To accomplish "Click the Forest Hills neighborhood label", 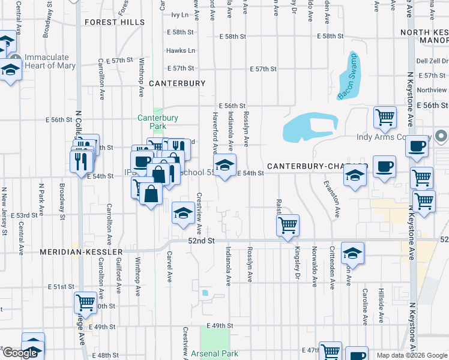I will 115,22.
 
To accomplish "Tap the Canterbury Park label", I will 158,122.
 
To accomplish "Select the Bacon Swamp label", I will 346,79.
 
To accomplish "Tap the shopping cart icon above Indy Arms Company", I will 385,118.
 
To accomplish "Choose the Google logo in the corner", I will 20,353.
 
